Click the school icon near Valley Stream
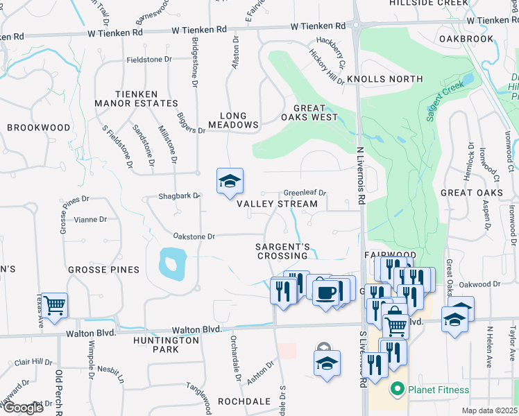(x=230, y=182)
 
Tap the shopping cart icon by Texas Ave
(x=55, y=304)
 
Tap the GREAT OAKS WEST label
(x=315, y=112)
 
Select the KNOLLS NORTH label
(x=384, y=80)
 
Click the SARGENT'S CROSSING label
(x=282, y=251)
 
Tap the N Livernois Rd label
(x=361, y=174)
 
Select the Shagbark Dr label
(x=179, y=196)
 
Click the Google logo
(x=22, y=408)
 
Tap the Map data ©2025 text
(x=488, y=410)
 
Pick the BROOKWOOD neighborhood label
(x=39, y=128)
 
